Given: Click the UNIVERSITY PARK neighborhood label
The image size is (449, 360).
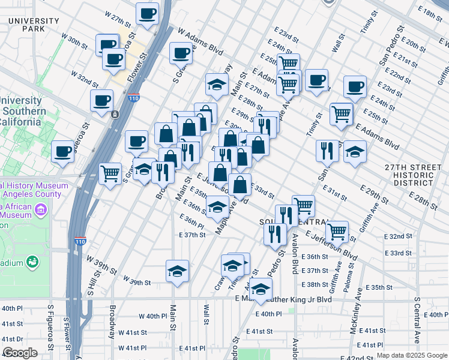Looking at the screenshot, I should pos(34,25).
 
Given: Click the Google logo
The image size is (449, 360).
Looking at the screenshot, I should pos(20,353).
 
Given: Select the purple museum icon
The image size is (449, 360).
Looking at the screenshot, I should pos(41,210).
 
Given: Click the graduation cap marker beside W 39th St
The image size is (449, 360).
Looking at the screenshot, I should pos(177,271).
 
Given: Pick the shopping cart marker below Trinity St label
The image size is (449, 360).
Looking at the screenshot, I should pos(341,113).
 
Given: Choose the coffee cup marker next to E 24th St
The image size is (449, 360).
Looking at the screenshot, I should pos(355,86).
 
